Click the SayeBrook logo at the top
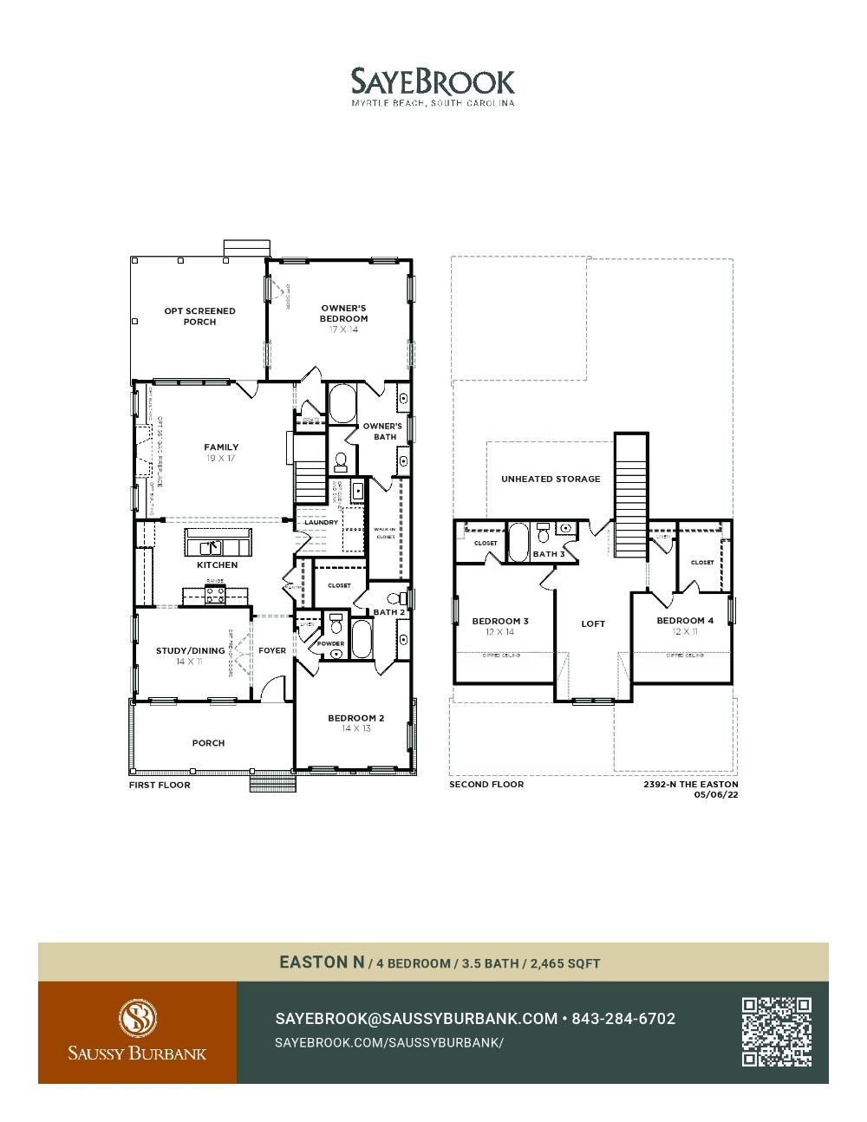tap(433, 82)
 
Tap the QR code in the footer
tap(776, 1032)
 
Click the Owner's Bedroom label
tap(343, 313)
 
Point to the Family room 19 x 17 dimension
tap(221, 458)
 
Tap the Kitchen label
tap(217, 565)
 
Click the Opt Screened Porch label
tap(199, 316)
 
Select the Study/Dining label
tap(190, 650)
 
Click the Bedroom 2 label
tap(355, 718)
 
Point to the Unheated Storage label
tap(551, 479)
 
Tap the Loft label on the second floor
tap(593, 623)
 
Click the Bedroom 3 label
tap(500, 621)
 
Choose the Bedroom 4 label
tap(685, 621)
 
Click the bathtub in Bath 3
tap(518, 541)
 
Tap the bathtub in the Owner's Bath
tap(342, 404)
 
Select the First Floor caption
tap(160, 785)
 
